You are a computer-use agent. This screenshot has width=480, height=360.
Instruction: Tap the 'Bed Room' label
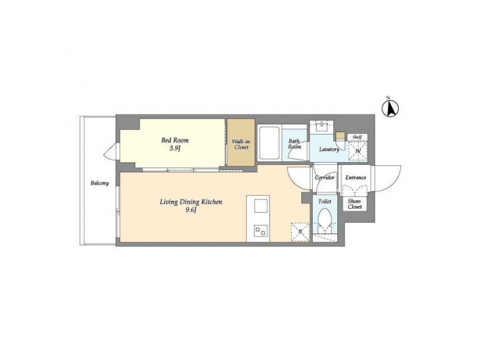click(175, 141)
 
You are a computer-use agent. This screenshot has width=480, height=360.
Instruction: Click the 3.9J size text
click(175, 149)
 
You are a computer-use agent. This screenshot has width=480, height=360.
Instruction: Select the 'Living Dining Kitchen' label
click(191, 201)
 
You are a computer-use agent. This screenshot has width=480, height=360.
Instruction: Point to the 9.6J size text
click(191, 211)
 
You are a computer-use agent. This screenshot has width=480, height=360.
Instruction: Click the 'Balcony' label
click(101, 183)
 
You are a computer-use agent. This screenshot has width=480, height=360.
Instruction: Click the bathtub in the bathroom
click(269, 143)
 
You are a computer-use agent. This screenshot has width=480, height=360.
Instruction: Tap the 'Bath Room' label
click(294, 144)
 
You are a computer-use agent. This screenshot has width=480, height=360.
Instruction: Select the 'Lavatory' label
click(329, 149)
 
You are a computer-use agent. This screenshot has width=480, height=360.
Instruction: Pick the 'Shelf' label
click(357, 137)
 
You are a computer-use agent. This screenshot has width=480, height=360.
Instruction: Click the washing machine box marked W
click(357, 151)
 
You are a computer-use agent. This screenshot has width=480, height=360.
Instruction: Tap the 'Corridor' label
click(325, 178)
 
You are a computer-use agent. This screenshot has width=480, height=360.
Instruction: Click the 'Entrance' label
click(355, 178)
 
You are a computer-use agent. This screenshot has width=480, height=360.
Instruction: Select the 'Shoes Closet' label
click(355, 204)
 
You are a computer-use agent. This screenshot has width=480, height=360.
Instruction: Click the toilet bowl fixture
click(325, 221)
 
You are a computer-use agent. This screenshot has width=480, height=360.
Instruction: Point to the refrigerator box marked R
click(301, 231)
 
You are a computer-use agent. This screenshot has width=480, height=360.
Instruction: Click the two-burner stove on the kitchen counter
click(258, 232)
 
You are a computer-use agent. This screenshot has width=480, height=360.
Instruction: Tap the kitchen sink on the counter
click(258, 205)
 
